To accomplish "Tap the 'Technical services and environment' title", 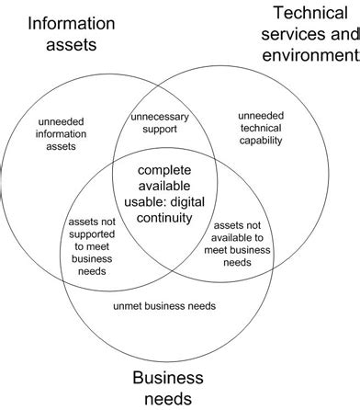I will point(309,35).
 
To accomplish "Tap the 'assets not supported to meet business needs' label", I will point(91,246).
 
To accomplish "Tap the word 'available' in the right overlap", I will point(244,237).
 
